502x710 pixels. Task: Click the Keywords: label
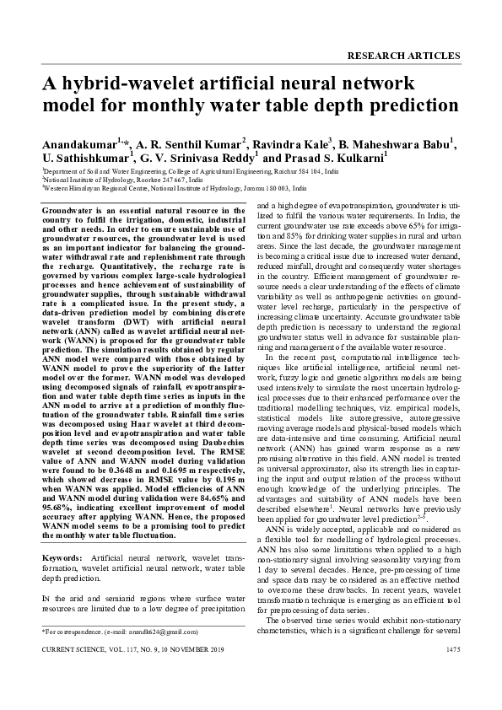(x=62, y=559)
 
